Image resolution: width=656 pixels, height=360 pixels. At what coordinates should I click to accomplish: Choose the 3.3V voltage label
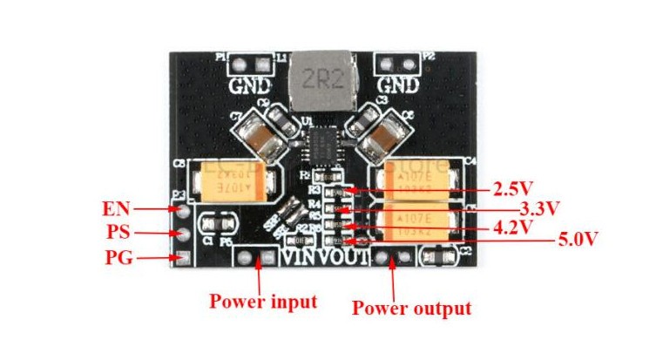pos(538,208)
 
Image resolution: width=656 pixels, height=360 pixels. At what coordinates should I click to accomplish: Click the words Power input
pos(263,302)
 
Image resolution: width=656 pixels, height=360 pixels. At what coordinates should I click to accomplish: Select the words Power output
pos(411,308)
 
